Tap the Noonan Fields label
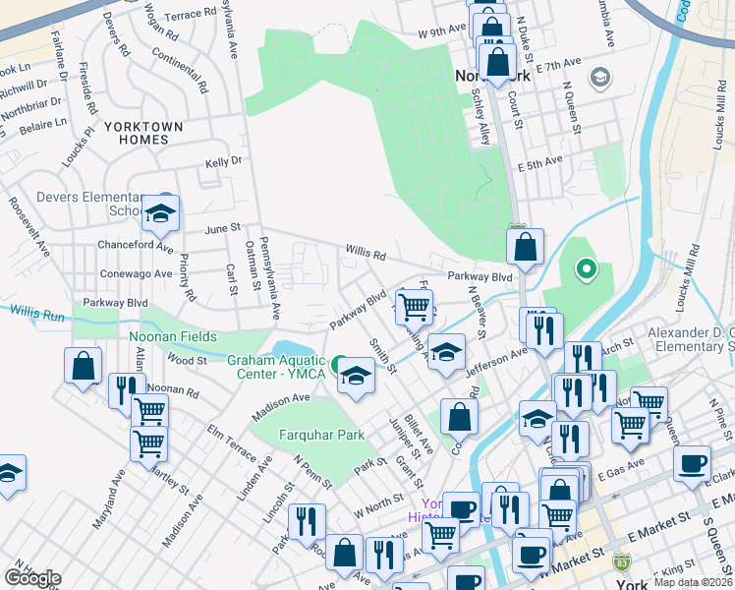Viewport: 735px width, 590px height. (x=174, y=336)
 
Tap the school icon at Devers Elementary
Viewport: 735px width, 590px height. (x=160, y=213)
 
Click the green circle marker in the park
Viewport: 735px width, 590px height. (x=587, y=267)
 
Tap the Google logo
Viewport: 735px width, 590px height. (x=33, y=578)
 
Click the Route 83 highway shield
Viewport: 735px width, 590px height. (x=621, y=563)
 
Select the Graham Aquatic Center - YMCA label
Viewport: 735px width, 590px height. (x=278, y=366)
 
